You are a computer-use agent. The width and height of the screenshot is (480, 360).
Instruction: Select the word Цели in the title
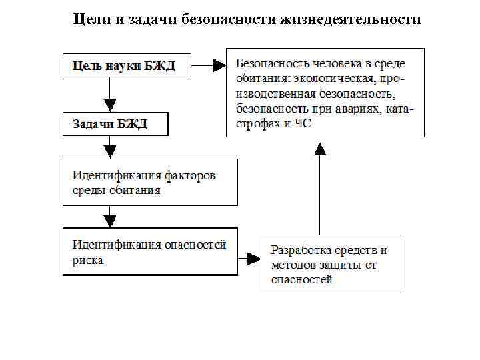(x=89, y=19)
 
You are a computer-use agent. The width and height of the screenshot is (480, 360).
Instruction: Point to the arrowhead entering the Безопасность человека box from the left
(x=219, y=65)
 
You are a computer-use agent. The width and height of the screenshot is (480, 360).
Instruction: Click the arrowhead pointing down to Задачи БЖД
(x=110, y=105)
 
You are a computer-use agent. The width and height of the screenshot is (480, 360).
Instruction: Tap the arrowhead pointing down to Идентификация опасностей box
(x=110, y=220)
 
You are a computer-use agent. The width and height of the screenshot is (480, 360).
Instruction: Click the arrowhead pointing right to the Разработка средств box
(x=253, y=257)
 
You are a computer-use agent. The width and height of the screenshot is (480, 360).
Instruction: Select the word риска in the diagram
(x=87, y=261)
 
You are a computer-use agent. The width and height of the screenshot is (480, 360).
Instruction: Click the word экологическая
(x=324, y=79)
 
